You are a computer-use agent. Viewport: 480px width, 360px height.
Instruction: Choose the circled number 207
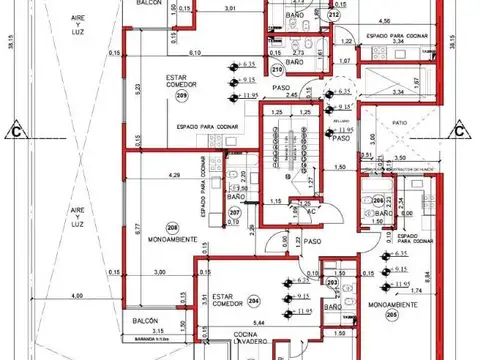234,213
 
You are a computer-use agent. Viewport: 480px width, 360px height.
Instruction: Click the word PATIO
400,125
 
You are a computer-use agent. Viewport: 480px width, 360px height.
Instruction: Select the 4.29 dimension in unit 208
176,176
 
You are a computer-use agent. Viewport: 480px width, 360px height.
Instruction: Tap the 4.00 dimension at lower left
78,296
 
